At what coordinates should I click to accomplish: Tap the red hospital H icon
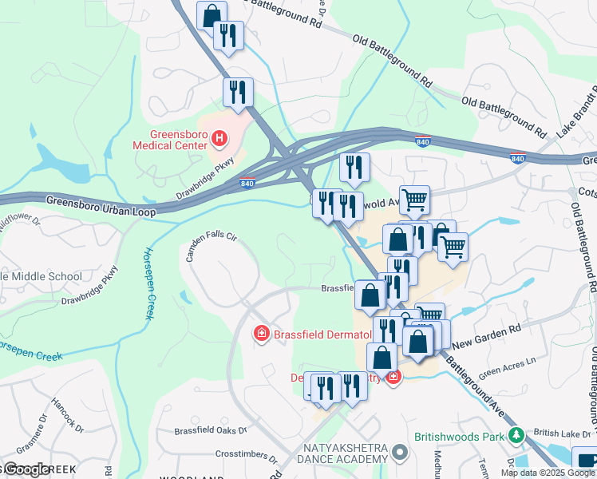click(x=220, y=139)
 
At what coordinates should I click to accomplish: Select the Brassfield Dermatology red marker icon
click(x=260, y=333)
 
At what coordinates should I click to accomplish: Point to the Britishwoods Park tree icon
click(x=516, y=436)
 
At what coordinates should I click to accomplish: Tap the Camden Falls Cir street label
click(x=212, y=244)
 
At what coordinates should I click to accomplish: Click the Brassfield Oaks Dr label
click(x=211, y=430)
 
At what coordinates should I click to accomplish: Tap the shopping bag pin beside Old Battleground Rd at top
click(x=212, y=16)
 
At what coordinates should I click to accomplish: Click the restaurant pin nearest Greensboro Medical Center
click(x=238, y=92)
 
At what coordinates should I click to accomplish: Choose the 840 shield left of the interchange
click(x=247, y=184)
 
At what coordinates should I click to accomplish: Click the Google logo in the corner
click(x=26, y=469)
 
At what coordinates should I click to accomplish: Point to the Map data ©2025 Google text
click(x=547, y=473)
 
